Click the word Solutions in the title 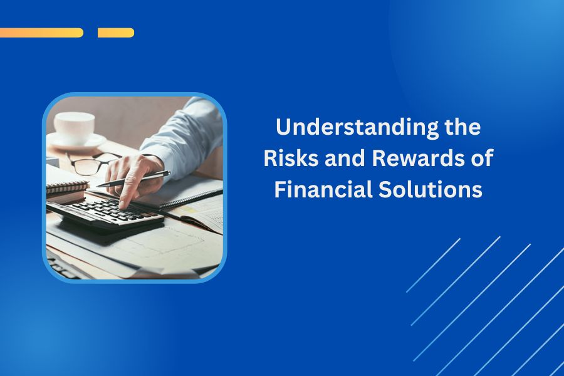(x=431, y=189)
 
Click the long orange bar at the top (x=41, y=33)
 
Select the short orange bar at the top (x=116, y=33)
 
